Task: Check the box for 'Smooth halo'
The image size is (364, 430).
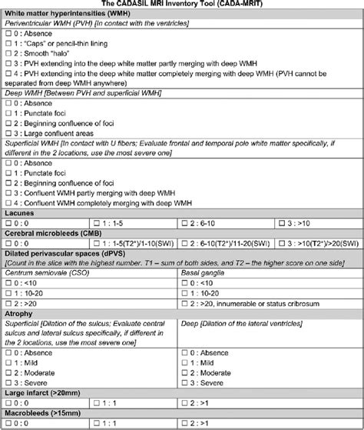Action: [8, 53]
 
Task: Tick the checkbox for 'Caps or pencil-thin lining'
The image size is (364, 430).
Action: [8, 43]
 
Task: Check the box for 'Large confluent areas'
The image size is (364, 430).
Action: [8, 132]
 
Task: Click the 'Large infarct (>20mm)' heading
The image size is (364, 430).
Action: [45, 392]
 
